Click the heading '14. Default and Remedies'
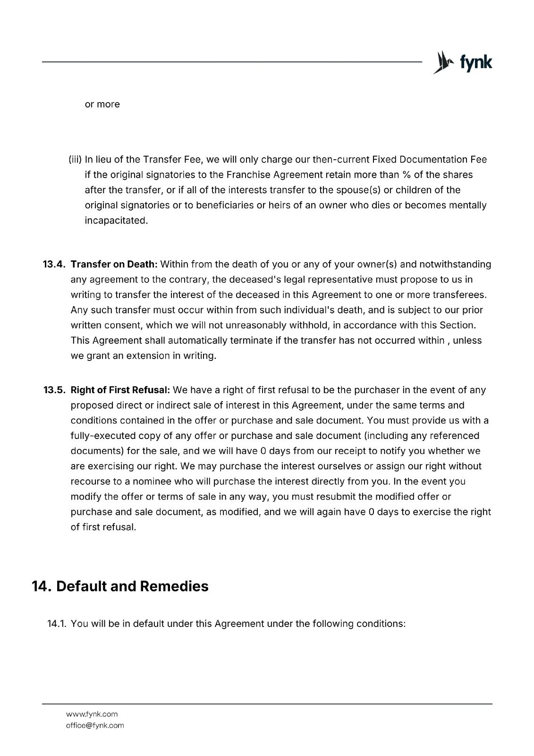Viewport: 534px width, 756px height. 120,586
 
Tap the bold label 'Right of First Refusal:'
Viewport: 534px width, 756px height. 120,390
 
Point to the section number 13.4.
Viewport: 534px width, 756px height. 54,264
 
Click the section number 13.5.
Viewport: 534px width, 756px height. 54,390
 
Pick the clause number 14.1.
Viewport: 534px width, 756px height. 57,624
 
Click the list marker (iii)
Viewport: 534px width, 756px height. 76,160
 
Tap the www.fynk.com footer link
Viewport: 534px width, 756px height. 92,714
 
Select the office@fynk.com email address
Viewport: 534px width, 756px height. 95,726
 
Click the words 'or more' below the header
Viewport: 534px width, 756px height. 102,104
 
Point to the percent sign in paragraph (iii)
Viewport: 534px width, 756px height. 406,175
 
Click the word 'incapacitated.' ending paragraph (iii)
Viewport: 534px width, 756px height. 116,221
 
